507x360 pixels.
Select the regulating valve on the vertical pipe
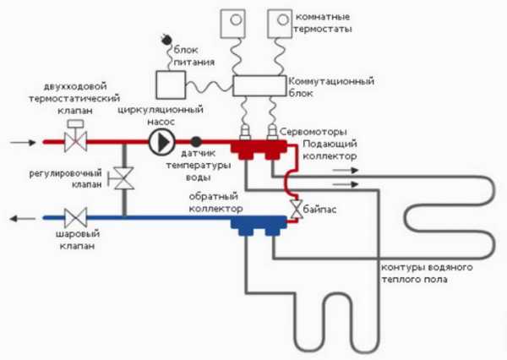click(x=125, y=180)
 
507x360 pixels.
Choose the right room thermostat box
click(x=281, y=23)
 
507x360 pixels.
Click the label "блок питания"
click(x=194, y=56)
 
